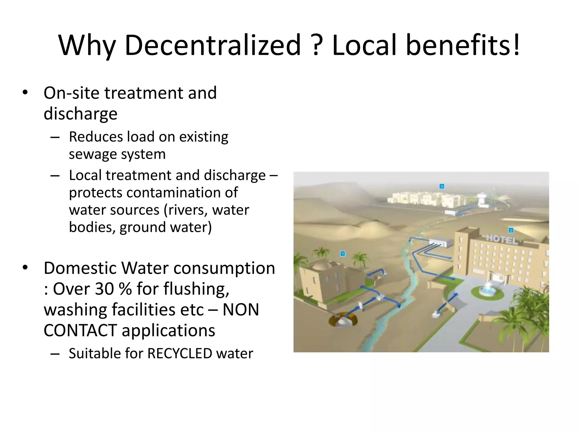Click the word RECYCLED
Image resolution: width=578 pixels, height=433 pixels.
[180, 354]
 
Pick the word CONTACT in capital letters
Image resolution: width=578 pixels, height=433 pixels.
[80, 330]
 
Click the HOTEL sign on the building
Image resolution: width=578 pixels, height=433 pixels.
[502, 239]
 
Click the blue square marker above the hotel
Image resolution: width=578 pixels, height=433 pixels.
[511, 230]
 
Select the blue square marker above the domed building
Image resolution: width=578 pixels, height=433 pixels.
[343, 254]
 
